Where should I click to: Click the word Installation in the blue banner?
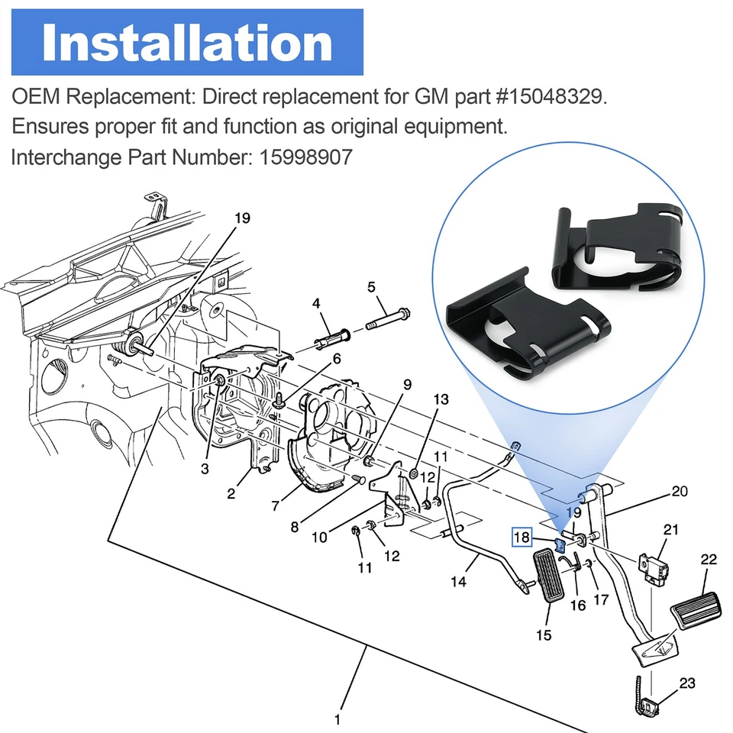(187, 44)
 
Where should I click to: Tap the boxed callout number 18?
(521, 538)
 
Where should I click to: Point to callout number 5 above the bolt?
(372, 288)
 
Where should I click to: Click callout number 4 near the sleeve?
(316, 303)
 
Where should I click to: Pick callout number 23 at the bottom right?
(686, 683)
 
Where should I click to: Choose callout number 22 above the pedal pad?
(709, 560)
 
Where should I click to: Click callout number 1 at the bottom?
(337, 718)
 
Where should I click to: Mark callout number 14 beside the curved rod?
(458, 581)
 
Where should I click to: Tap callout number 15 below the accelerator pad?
(544, 635)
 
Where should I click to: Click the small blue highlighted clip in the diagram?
(558, 544)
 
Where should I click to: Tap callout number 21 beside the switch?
(671, 530)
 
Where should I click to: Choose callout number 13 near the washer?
(441, 399)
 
